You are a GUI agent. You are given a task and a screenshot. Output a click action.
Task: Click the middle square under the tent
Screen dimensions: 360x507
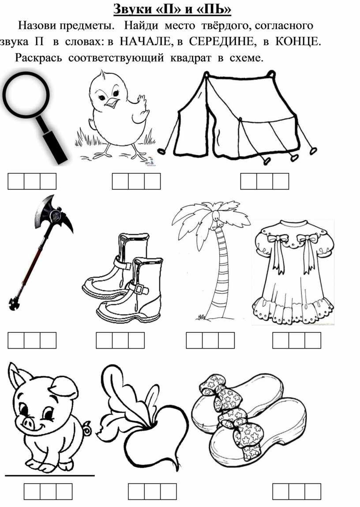pyautogui.click(x=265, y=181)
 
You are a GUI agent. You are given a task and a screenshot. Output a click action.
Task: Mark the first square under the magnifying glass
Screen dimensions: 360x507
pyautogui.click(x=16, y=181)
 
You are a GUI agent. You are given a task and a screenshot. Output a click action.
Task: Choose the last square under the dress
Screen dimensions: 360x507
pyautogui.click(x=313, y=341)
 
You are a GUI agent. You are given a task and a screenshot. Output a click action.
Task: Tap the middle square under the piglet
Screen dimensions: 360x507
pyautogui.click(x=48, y=492)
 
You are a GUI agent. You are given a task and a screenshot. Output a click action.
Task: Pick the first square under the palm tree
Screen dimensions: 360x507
pyautogui.click(x=194, y=341)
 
